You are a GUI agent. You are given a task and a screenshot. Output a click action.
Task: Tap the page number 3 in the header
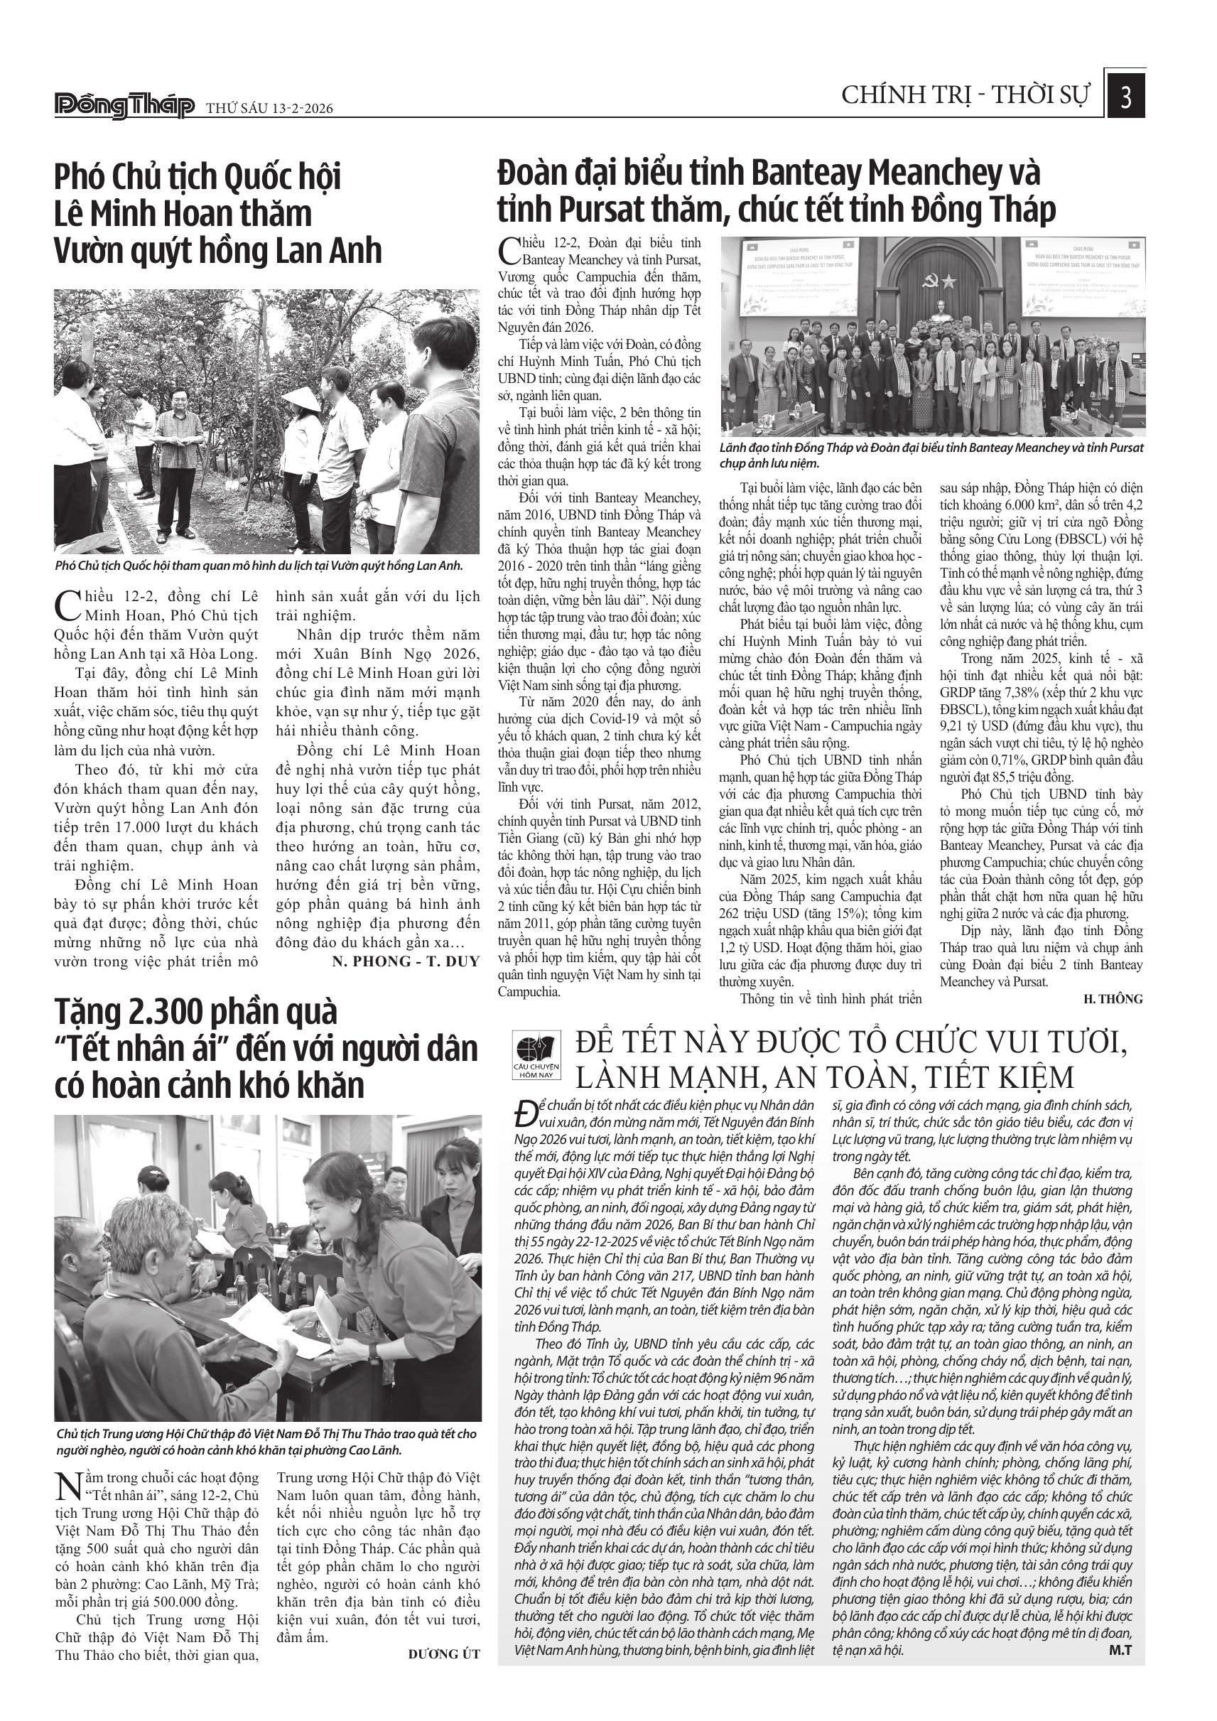coord(1125,98)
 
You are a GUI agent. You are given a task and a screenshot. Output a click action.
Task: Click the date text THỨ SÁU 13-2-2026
coord(269,109)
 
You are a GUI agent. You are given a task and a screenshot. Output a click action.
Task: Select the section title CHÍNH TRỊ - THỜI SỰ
coord(966,96)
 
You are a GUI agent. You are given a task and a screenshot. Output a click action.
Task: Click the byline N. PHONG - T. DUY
coord(405,961)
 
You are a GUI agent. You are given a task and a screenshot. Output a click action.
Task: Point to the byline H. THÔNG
coord(1113,998)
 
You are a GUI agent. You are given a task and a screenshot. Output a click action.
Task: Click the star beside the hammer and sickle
coord(949,281)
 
